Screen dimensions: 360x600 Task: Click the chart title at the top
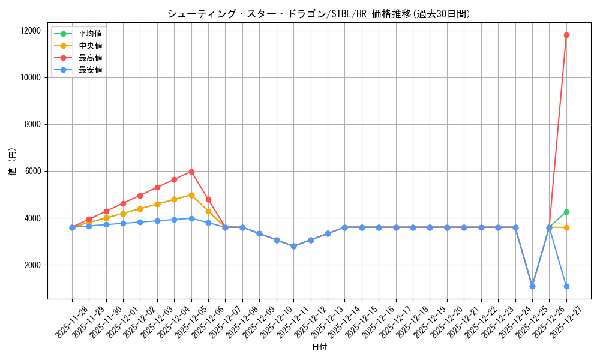(319, 14)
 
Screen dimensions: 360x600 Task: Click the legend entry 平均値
(90, 34)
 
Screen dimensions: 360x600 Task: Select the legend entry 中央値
(90, 46)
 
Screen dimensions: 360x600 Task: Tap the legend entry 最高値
(90, 58)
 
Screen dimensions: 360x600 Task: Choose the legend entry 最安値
(90, 70)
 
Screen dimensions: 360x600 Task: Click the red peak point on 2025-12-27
(566, 35)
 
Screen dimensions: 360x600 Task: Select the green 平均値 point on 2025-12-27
(566, 212)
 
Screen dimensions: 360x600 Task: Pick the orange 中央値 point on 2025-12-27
(566, 227)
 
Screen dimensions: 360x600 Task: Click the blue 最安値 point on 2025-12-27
(566, 286)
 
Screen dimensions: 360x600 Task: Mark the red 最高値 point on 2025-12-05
(191, 172)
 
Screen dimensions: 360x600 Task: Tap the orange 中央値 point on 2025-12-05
(191, 195)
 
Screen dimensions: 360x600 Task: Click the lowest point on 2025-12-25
(532, 286)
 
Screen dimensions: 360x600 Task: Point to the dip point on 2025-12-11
(293, 246)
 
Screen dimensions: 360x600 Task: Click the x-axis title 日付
(319, 347)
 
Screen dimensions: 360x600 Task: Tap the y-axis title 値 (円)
(13, 162)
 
